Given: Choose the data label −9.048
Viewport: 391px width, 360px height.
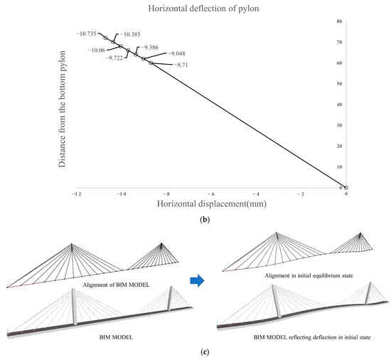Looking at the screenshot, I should coord(176,53).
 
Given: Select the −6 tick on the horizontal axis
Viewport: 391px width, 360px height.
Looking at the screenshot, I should coord(210,193).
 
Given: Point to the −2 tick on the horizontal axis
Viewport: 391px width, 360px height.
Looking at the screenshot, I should coord(301,193).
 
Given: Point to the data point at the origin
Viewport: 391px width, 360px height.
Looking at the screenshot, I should coord(346,187).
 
